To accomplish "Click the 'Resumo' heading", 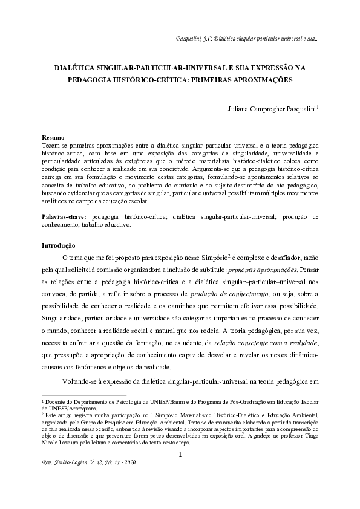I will pyautogui.click(x=53, y=138).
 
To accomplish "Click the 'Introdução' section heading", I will pyautogui.click(x=58, y=245).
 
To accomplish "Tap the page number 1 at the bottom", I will pyautogui.click(x=180, y=455).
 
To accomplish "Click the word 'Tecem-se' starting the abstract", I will pyautogui.click(x=52, y=146).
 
